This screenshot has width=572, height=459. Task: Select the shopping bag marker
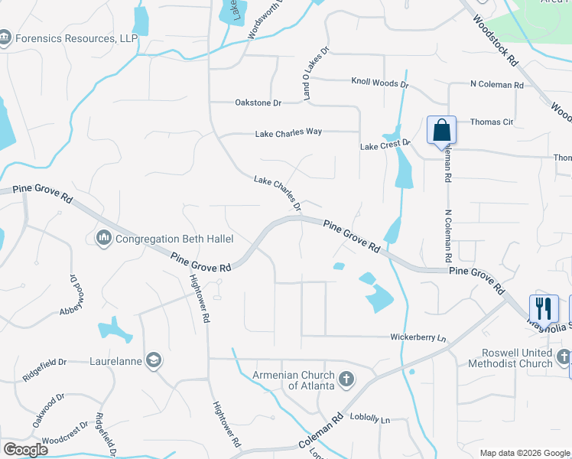click(x=441, y=130)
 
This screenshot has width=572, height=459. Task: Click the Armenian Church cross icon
click(x=346, y=378)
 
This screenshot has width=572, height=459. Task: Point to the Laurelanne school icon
click(x=154, y=360)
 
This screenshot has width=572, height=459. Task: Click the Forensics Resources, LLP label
click(x=75, y=37)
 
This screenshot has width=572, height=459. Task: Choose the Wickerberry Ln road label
click(x=418, y=337)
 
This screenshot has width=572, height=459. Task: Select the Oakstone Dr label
click(x=257, y=103)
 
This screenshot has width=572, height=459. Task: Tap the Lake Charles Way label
click(x=288, y=132)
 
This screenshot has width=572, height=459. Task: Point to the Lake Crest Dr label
click(x=385, y=145)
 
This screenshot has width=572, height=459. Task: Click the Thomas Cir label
click(x=491, y=122)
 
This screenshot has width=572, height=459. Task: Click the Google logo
click(x=25, y=450)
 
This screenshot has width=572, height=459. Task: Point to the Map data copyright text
click(x=524, y=453)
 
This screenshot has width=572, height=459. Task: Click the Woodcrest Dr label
click(x=66, y=441)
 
